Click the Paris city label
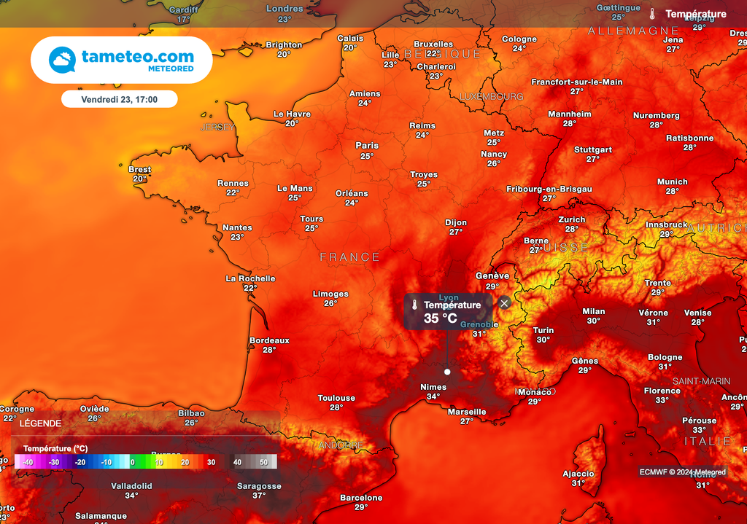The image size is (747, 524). point(367,146)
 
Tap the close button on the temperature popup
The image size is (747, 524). point(504,303)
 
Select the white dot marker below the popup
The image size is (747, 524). point(447,372)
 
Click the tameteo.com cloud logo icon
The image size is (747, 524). point(62,60)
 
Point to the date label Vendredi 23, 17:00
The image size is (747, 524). point(119,98)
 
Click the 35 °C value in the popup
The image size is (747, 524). point(441,318)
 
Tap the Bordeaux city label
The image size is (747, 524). point(269,340)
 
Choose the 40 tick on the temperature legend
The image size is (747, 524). point(237,462)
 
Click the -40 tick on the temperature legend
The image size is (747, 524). point(28,462)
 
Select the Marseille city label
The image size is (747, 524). point(467,412)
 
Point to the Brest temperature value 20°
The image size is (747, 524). point(140,179)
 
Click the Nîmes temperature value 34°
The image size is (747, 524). point(433,397)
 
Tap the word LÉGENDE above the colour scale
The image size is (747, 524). point(40,423)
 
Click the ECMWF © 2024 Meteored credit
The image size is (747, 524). point(683,472)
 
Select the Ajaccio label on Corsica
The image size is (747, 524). point(578,474)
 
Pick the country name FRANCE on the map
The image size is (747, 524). point(350,257)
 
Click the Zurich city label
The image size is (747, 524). point(572,219)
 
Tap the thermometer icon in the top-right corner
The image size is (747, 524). point(652,14)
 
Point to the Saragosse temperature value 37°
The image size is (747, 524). point(259,496)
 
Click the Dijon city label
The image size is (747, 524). point(456,222)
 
